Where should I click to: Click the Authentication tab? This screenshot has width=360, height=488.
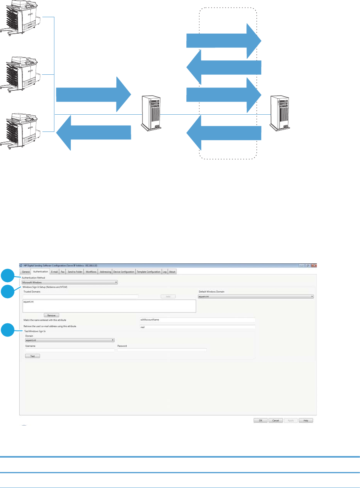tap(40, 272)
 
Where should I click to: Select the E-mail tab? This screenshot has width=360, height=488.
tap(54, 272)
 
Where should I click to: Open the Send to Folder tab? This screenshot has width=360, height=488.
tap(75, 272)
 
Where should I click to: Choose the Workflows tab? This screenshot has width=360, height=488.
tap(91, 272)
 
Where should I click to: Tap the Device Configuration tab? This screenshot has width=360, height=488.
tap(124, 272)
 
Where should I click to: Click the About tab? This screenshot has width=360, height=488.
tap(172, 272)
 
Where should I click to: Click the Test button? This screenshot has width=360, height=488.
tap(32, 356)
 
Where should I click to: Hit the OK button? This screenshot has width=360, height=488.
tap(260, 420)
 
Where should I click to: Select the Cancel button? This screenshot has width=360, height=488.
tap(276, 420)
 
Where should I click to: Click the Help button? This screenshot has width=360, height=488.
tap(306, 420)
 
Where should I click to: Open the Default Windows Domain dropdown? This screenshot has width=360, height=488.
tap(256, 297)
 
